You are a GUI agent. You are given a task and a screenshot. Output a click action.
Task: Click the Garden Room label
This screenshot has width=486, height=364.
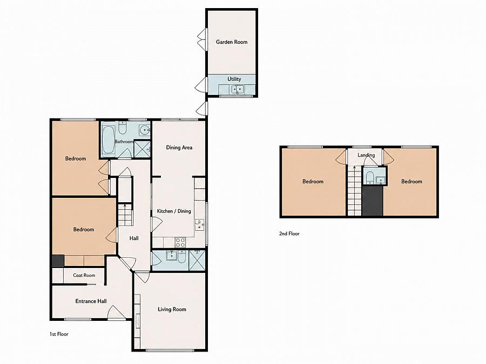pyautogui.click(x=232, y=42)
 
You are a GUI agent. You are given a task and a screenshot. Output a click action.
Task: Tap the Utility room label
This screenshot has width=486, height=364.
pyautogui.click(x=234, y=79)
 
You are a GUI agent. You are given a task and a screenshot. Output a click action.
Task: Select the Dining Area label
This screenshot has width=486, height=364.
pyautogui.click(x=179, y=147)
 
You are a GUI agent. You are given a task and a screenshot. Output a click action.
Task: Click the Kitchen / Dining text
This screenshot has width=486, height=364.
pyautogui.click(x=174, y=211)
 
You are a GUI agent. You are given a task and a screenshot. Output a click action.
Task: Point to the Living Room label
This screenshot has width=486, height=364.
pyautogui.click(x=172, y=309)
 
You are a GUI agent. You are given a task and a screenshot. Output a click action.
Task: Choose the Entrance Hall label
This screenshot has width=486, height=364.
pyautogui.click(x=91, y=301)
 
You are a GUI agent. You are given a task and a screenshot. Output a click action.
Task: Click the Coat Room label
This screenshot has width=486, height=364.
pyautogui.click(x=84, y=275)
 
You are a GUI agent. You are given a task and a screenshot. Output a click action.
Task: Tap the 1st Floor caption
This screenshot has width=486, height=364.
pyautogui.click(x=59, y=334)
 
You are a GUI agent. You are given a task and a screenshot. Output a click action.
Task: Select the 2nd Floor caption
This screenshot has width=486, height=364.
pyautogui.click(x=289, y=233)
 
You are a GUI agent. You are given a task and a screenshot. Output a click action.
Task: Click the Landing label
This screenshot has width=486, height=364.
pyautogui.click(x=366, y=155)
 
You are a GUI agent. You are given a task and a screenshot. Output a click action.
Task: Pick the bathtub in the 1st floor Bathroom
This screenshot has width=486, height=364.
pyautogui.click(x=108, y=140)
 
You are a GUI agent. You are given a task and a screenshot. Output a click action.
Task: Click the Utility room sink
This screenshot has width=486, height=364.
pyautogui.click(x=238, y=90)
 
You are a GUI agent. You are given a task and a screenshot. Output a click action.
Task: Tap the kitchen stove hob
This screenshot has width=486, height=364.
pyautogui.click(x=180, y=242)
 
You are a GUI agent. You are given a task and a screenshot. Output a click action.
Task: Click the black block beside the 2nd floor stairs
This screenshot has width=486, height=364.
pyautogui.click(x=372, y=201)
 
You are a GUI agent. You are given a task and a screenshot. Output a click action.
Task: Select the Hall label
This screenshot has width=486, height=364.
pyautogui.click(x=134, y=238)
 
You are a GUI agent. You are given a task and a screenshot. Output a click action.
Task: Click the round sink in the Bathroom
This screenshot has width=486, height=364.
pyautogui.click(x=144, y=131)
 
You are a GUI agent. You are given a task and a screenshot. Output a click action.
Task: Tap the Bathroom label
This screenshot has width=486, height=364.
pyautogui.click(x=124, y=141)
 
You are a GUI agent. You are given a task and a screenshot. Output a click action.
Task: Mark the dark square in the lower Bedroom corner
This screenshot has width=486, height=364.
pyautogui.click(x=58, y=261)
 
